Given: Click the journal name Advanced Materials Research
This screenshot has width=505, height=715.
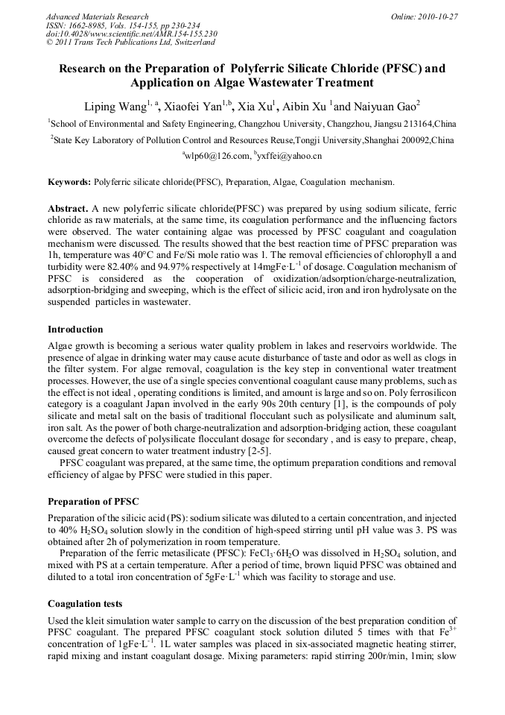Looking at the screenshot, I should point(97,16).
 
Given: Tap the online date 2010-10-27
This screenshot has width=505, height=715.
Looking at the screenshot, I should point(437,16).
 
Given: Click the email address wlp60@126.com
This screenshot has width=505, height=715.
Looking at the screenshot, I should point(218,156).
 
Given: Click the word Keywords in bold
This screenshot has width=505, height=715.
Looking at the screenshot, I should point(69,182).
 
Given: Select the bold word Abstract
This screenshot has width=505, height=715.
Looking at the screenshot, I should point(68,209).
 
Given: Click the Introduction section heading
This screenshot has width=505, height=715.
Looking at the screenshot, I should point(75,329).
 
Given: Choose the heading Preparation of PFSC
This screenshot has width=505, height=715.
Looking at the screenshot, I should point(93,501).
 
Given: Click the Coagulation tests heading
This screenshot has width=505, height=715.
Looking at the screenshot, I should point(85,604).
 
